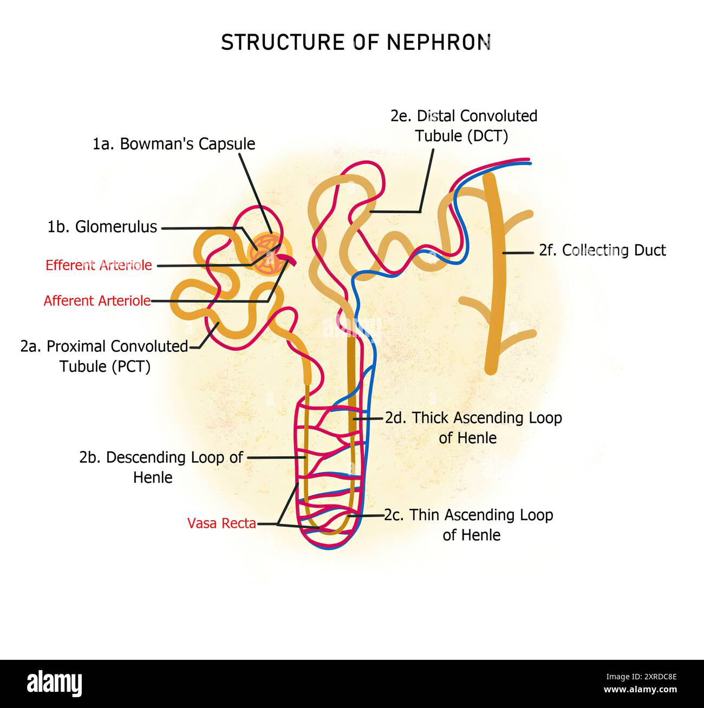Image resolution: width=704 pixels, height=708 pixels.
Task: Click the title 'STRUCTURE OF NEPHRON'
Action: (356, 42)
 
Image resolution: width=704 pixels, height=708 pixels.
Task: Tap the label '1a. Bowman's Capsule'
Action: (173, 144)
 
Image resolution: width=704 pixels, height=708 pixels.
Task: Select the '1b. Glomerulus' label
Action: (102, 227)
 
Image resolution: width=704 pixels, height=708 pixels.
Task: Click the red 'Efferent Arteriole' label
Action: (99, 265)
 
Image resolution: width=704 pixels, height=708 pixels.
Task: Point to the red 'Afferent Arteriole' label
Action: (97, 301)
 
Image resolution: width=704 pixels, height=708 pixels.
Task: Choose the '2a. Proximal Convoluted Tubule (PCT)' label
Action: (105, 356)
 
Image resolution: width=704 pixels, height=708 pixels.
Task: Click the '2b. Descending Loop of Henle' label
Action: (161, 467)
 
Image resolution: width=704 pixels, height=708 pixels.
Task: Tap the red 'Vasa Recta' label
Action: (221, 523)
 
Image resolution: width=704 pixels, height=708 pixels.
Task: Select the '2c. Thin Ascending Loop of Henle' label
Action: (469, 525)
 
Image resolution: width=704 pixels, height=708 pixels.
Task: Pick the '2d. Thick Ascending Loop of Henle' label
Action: (473, 427)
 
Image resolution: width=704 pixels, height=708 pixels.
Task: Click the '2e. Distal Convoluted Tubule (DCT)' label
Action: (464, 126)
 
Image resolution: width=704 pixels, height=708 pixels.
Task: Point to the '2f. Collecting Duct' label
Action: (602, 250)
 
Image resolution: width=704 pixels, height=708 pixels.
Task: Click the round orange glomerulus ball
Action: (269, 253)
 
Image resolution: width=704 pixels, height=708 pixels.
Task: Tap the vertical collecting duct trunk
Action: (492, 281)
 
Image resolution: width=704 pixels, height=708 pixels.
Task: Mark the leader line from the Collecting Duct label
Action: (518, 252)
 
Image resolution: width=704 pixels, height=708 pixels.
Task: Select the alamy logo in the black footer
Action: (54, 683)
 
